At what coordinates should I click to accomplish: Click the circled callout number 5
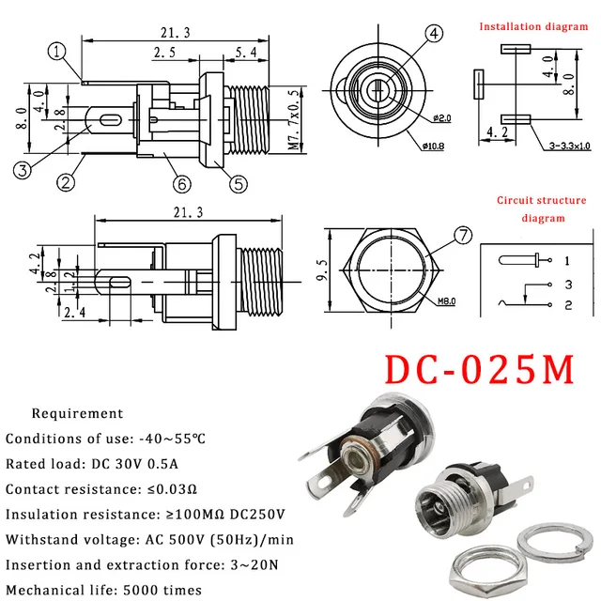click(239, 184)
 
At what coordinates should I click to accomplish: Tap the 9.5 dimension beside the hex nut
click(323, 270)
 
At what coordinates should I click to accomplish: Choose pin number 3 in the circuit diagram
click(568, 284)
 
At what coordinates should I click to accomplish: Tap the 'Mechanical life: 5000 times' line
click(103, 590)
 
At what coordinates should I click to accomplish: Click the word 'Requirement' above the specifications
click(77, 413)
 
